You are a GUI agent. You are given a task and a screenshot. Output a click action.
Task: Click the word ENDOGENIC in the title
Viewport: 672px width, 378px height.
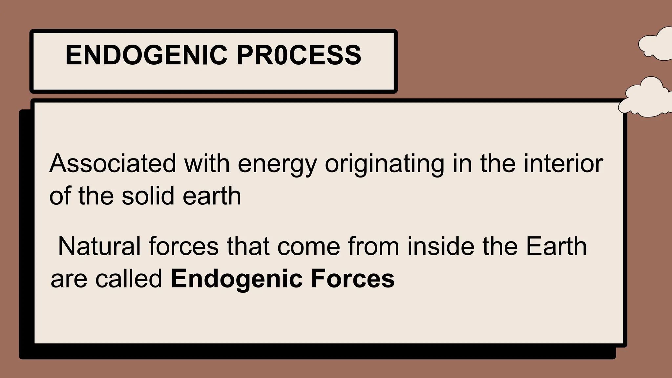pos(146,55)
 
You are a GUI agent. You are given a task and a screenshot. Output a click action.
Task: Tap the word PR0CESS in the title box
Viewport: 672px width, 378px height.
pos(299,55)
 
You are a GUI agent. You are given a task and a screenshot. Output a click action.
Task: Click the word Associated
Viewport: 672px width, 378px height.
pos(113,163)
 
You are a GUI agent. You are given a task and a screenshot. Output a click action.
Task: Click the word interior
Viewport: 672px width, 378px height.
pos(563,163)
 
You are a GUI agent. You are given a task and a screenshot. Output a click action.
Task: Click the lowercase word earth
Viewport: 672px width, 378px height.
pos(212,196)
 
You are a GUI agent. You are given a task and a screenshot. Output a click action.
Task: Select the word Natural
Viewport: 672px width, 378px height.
pos(99,246)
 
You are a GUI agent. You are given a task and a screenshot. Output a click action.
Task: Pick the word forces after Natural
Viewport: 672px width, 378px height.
pos(183,246)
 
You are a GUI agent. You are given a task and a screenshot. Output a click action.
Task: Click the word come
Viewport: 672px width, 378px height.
pos(308,247)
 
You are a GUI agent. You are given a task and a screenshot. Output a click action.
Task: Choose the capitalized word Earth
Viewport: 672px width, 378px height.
pos(556,246)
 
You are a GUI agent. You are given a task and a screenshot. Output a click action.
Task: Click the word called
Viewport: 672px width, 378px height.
pos(129,279)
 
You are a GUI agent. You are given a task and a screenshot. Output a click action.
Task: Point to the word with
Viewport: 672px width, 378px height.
pos(207,163)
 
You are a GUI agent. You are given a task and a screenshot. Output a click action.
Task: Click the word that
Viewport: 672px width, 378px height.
pos(248,246)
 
